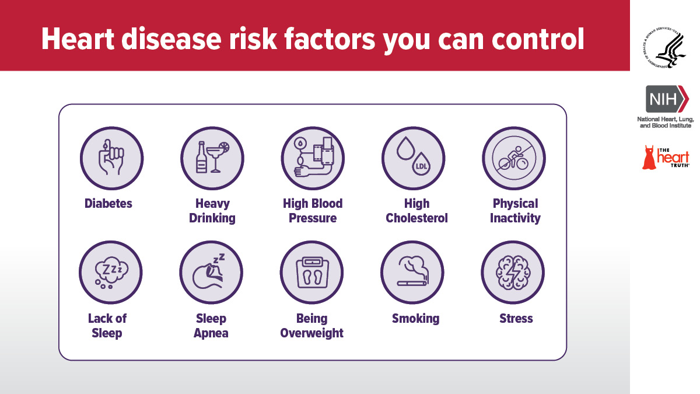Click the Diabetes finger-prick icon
coord(111,158)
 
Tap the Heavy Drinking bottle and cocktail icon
coord(212,158)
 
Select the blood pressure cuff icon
coord(313,158)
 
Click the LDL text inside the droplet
coord(421,166)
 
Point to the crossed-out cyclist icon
coord(514,158)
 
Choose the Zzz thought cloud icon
coord(111,273)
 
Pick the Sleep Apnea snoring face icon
coord(211,273)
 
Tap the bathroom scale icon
coord(312,273)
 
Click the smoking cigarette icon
coord(412,273)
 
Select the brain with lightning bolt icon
coord(513,273)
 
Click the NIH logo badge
coord(667,99)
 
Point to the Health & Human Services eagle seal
coord(664,48)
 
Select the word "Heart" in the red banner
coord(78,40)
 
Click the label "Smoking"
coord(415,319)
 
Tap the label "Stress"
coord(516,319)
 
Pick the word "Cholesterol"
coord(416,218)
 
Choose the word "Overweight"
coord(312,333)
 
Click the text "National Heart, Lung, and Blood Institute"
coord(666,122)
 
